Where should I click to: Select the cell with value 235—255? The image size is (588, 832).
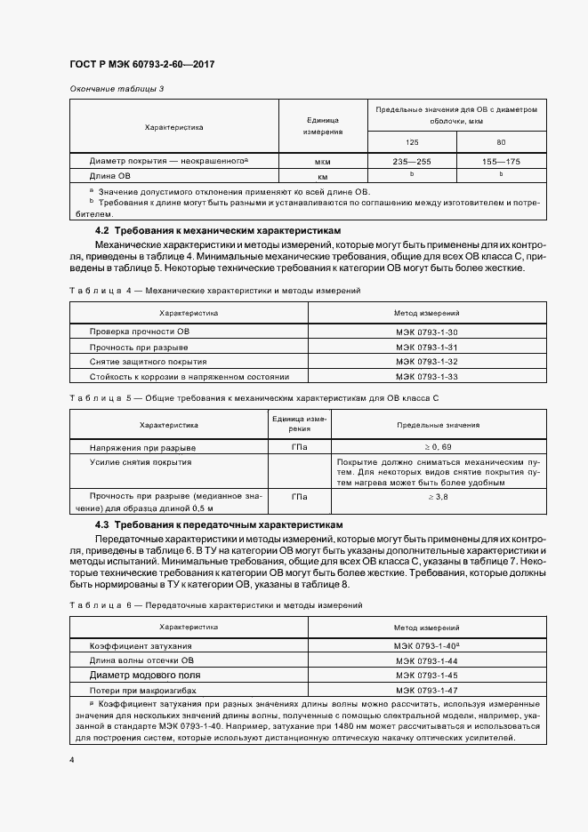tap(412, 162)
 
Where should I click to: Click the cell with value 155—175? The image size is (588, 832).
tap(501, 162)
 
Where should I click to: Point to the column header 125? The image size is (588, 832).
tap(412, 142)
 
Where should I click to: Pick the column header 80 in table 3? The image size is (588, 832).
tap(501, 142)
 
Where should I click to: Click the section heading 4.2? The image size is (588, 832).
tap(205, 230)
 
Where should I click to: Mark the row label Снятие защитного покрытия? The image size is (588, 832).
tap(148, 362)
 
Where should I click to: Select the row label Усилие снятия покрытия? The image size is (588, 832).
tap(141, 462)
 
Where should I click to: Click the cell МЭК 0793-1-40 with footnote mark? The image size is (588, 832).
tap(426, 646)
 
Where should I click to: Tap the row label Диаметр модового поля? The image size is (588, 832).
tap(145, 676)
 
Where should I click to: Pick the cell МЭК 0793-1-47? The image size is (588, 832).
tap(426, 690)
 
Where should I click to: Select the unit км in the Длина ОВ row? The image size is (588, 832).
tap(324, 176)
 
